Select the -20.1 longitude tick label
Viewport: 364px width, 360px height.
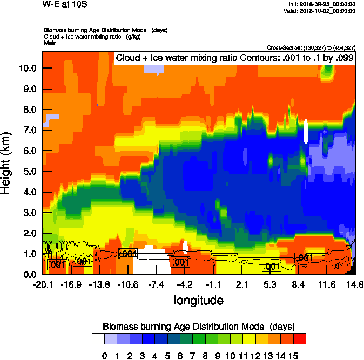pos(42,284)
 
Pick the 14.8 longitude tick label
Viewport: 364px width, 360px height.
pos(354,284)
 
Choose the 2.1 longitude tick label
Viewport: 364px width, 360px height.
pos(241,284)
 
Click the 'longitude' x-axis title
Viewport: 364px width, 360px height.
pos(198,300)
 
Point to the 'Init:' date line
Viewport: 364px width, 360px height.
pos(322,4)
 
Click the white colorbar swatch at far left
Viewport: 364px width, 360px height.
pos(98,338)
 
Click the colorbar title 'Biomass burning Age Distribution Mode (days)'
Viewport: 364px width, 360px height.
pos(198,326)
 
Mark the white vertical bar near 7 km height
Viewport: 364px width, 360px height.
pos(306,131)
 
